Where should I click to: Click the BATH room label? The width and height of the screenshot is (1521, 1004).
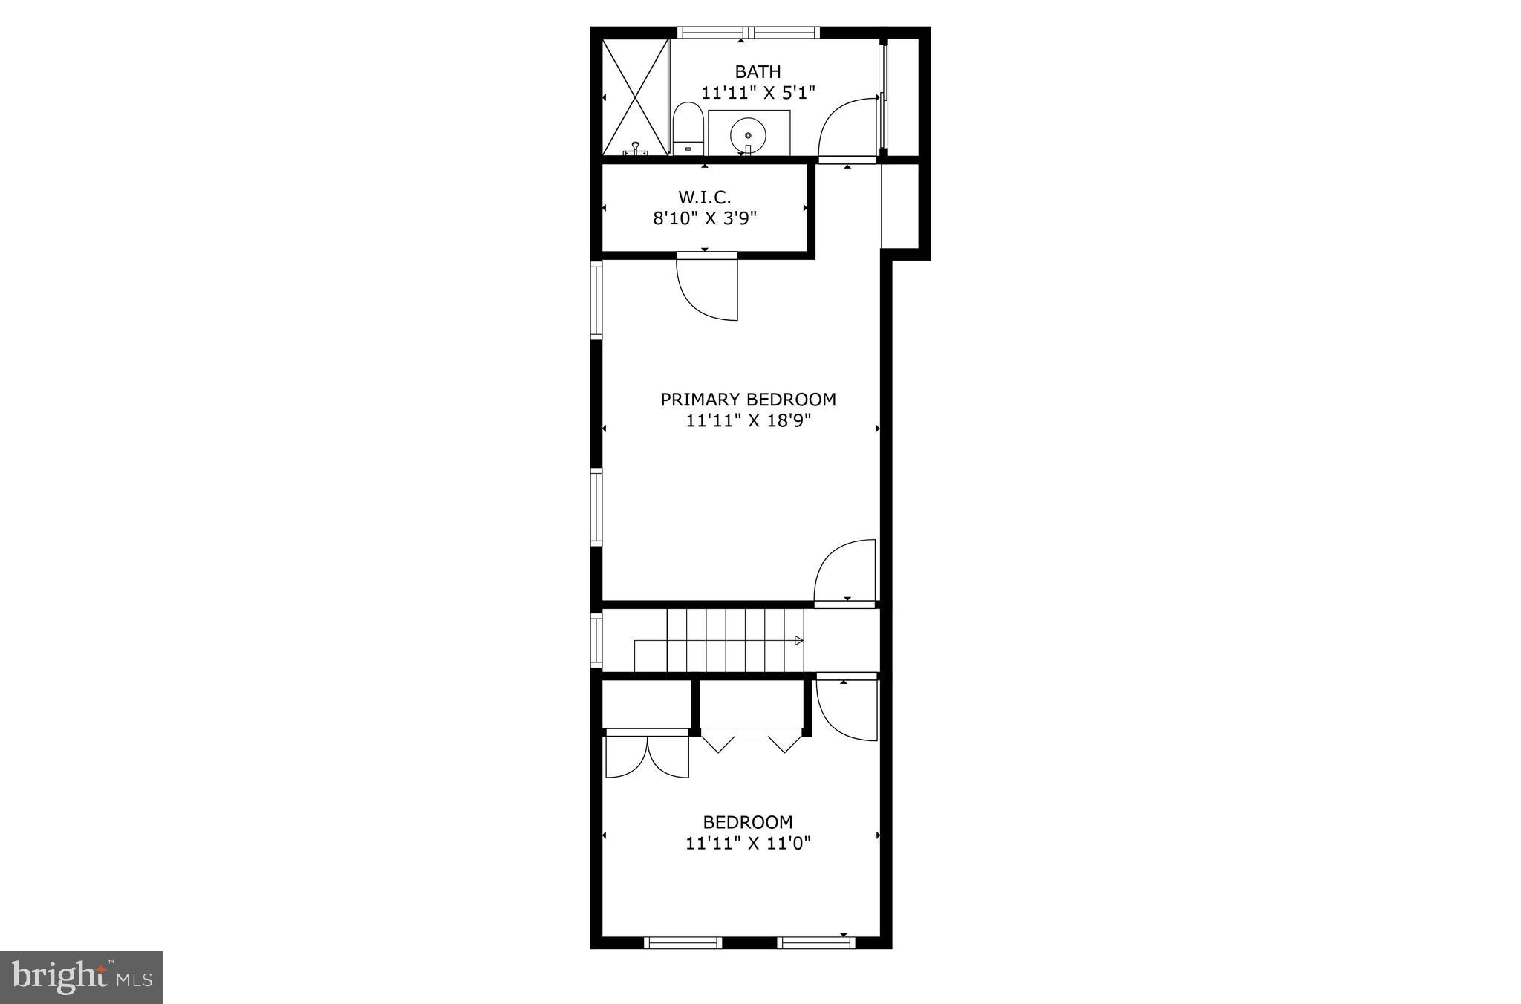758,72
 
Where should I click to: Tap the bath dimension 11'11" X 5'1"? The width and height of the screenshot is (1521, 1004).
758,93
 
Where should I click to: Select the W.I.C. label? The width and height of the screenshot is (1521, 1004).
704,198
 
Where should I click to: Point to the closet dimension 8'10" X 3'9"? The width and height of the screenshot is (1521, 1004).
704,218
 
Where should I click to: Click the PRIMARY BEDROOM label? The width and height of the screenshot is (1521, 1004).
748,400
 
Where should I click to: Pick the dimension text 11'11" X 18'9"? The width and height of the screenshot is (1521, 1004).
748,421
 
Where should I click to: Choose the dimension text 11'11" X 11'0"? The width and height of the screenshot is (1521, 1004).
748,843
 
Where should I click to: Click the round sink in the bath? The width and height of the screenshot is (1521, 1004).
748,135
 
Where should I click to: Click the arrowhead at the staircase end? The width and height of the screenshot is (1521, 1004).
799,641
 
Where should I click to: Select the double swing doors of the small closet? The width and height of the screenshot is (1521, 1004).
648,756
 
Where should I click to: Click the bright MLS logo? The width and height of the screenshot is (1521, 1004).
82,977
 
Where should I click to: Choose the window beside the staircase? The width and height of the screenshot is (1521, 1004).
596,639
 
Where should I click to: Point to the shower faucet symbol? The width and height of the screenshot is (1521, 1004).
636,149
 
